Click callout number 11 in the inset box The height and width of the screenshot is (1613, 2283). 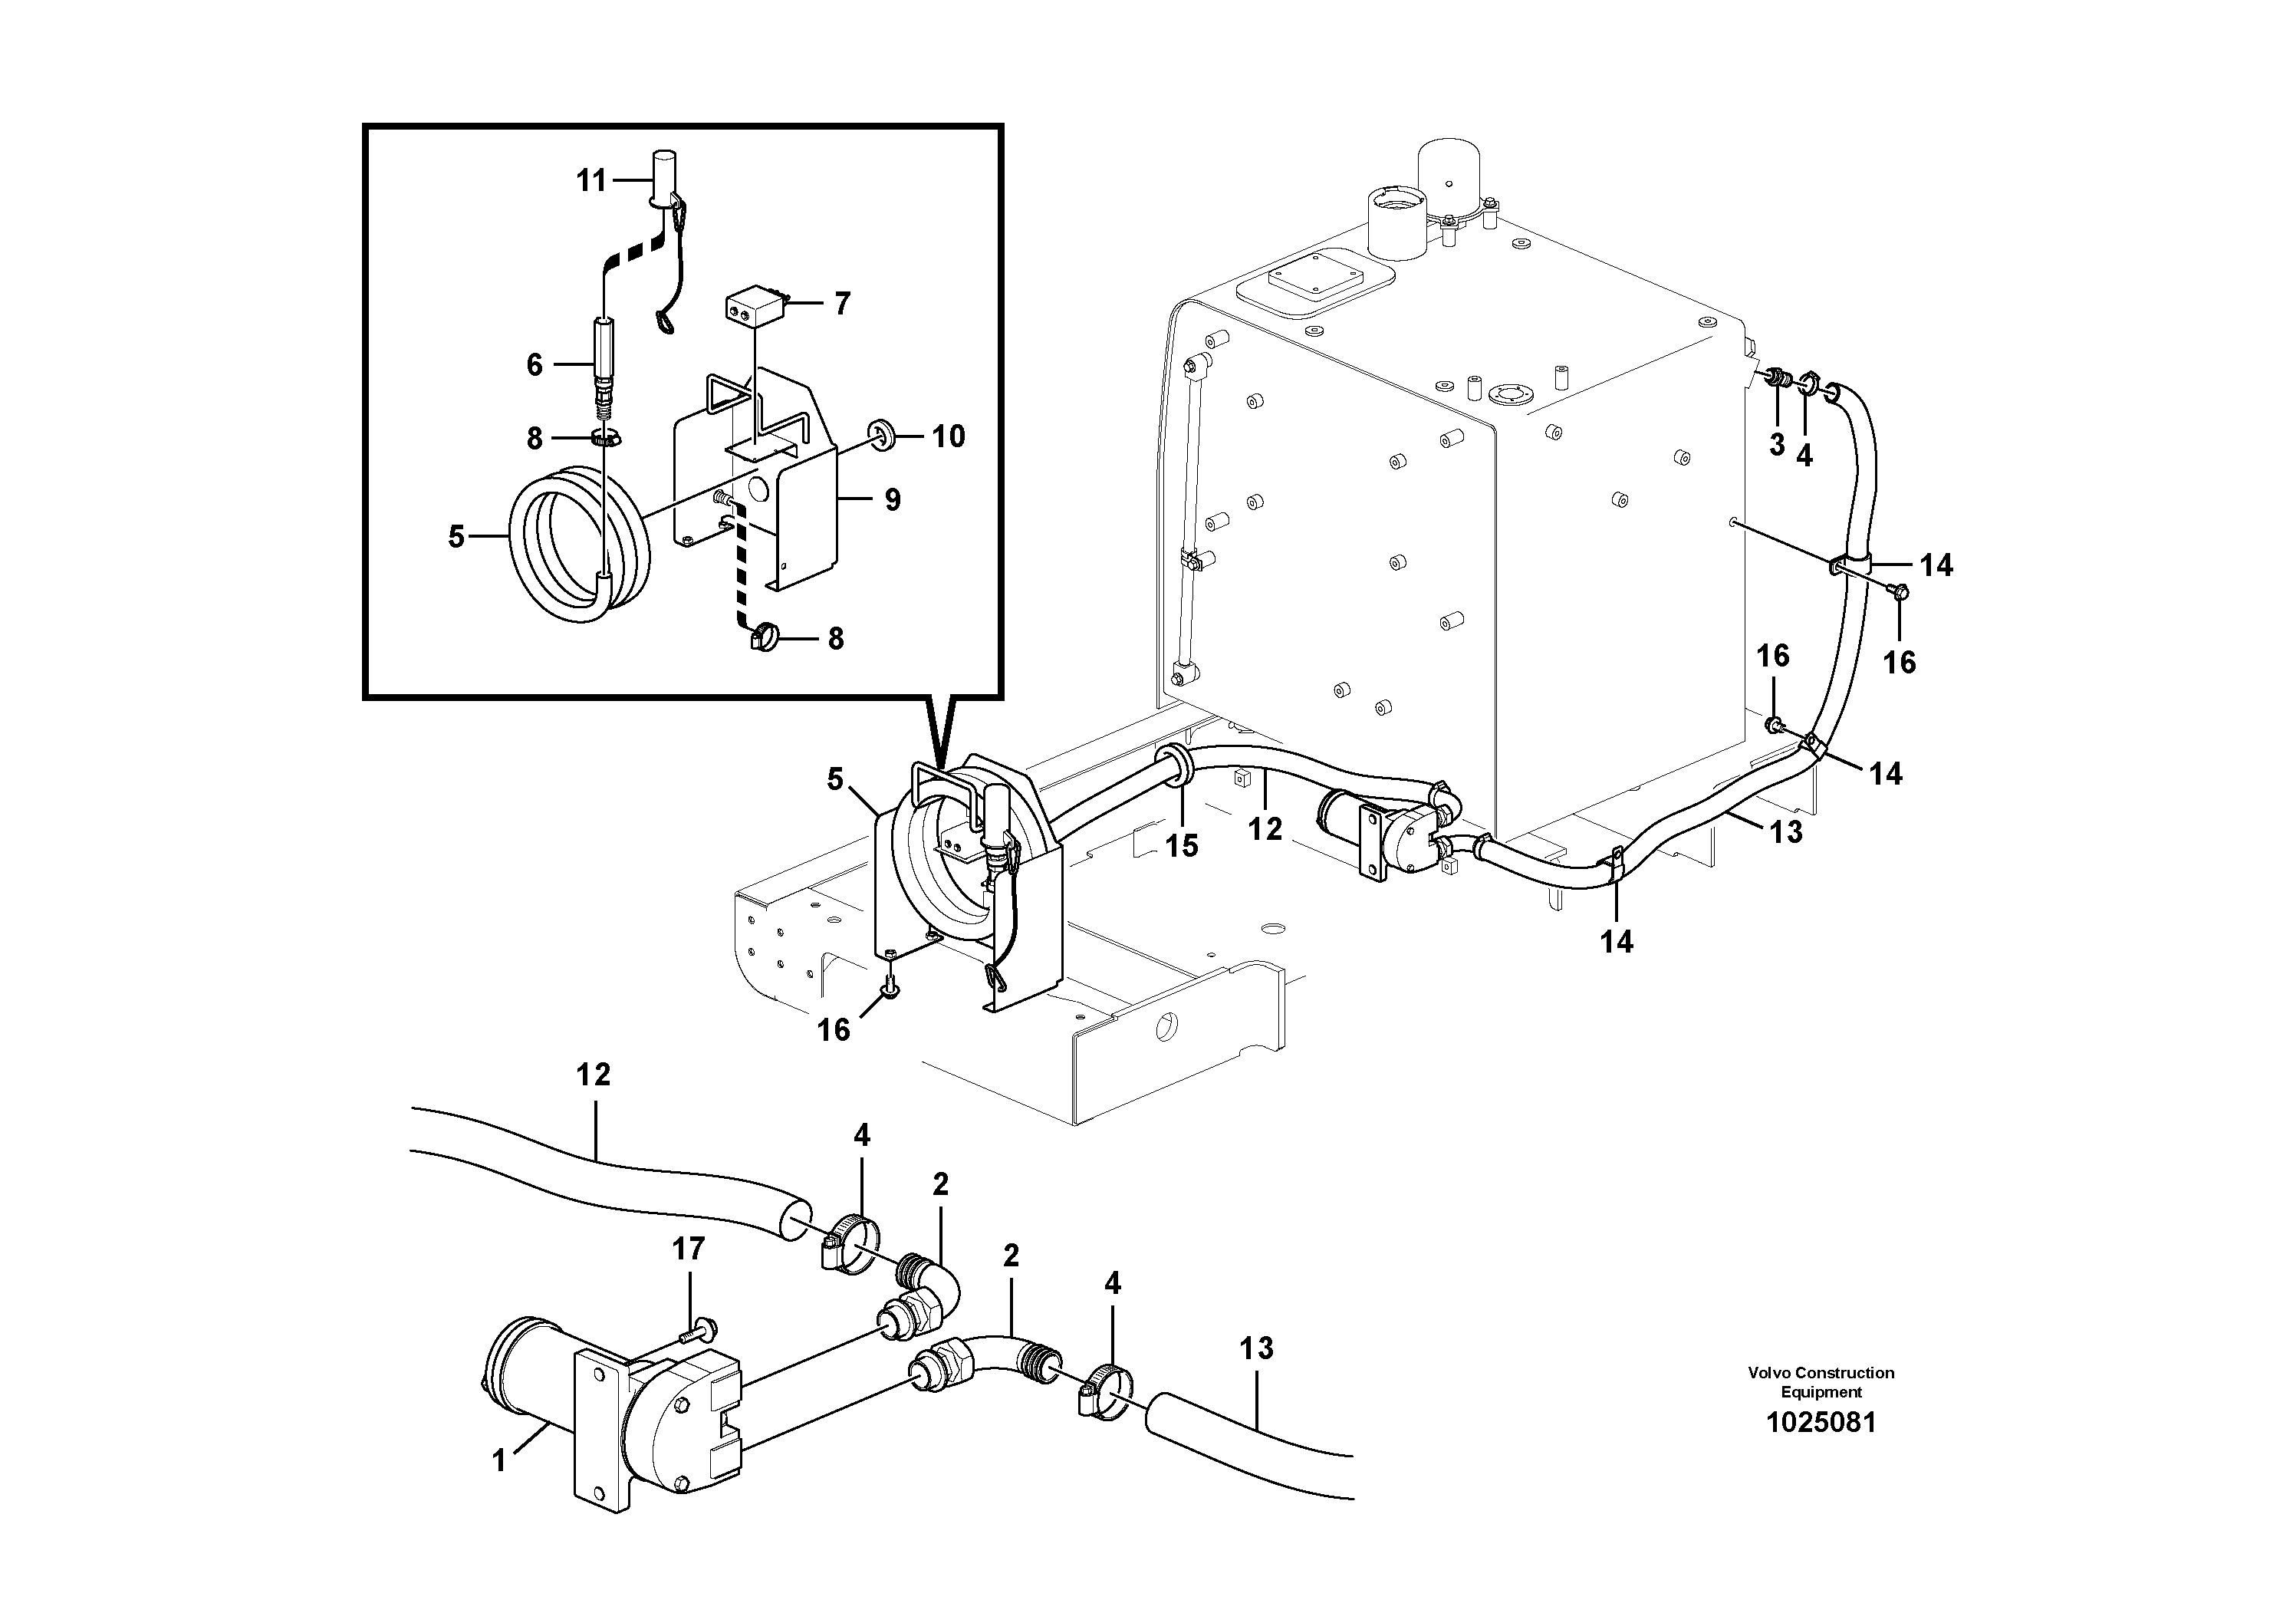[x=591, y=181]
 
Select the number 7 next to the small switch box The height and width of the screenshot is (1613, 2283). [x=842, y=303]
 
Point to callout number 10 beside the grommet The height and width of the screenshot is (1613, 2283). [x=948, y=436]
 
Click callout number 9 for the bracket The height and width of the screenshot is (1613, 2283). [x=892, y=499]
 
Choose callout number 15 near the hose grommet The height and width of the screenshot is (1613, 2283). [x=1181, y=845]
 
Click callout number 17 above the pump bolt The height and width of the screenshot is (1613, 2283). [x=688, y=1248]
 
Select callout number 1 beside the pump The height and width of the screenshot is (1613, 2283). [x=499, y=1461]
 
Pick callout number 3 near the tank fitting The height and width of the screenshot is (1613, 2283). [x=1777, y=445]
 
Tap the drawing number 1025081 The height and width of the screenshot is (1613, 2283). [x=1821, y=1422]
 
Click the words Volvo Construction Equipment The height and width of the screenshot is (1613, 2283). [x=1821, y=1382]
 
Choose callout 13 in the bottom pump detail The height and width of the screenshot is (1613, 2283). [x=1256, y=1348]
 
